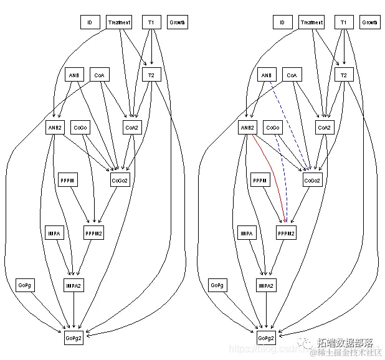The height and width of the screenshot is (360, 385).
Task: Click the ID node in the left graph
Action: coord(90,22)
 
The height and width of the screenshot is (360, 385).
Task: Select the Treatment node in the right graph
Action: coord(311,22)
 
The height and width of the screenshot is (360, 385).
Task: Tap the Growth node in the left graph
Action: coord(177,22)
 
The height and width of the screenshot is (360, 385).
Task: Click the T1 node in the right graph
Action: coord(343,22)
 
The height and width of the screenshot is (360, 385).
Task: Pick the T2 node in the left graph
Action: coord(150,75)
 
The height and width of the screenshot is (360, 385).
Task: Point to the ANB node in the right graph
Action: coord(266,75)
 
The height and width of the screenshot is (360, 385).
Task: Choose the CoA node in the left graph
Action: coord(99,75)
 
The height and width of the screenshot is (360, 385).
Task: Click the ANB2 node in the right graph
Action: coord(248,128)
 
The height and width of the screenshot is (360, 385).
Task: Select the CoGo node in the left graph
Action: coord(80,128)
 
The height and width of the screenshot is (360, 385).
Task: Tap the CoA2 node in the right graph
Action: coord(324,128)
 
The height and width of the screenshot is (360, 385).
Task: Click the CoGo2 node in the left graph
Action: coord(120,181)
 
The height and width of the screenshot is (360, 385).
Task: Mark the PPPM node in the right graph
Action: coord(260,181)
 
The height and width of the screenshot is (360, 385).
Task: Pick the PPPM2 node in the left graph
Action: coord(93,233)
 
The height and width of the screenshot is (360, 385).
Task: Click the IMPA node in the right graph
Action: coord(247,233)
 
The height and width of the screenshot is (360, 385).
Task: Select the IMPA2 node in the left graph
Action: coord(74,285)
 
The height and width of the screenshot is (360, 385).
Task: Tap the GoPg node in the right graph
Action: coord(217,285)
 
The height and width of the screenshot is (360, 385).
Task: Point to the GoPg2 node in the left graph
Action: coord(74,338)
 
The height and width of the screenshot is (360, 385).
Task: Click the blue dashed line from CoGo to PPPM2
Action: coord(282,181)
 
